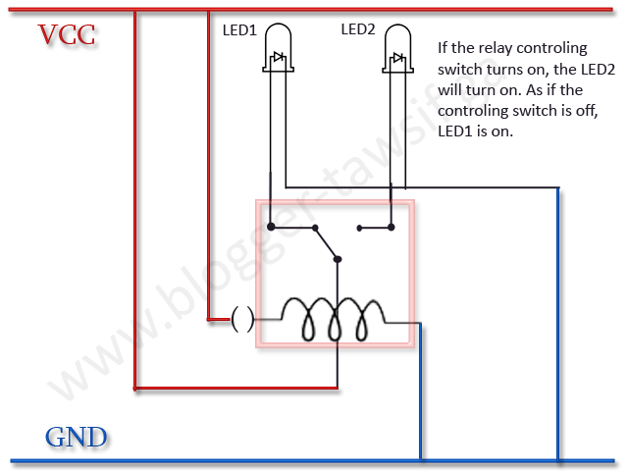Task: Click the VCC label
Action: coord(67,35)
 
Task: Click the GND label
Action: coord(76,437)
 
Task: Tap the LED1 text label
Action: coord(239,30)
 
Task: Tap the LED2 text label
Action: coord(358,29)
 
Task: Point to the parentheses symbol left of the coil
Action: coord(242,318)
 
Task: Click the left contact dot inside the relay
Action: coord(269,228)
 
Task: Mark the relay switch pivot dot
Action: coord(337,260)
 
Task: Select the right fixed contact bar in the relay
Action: coord(376,230)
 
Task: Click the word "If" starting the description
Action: coord(444,47)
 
